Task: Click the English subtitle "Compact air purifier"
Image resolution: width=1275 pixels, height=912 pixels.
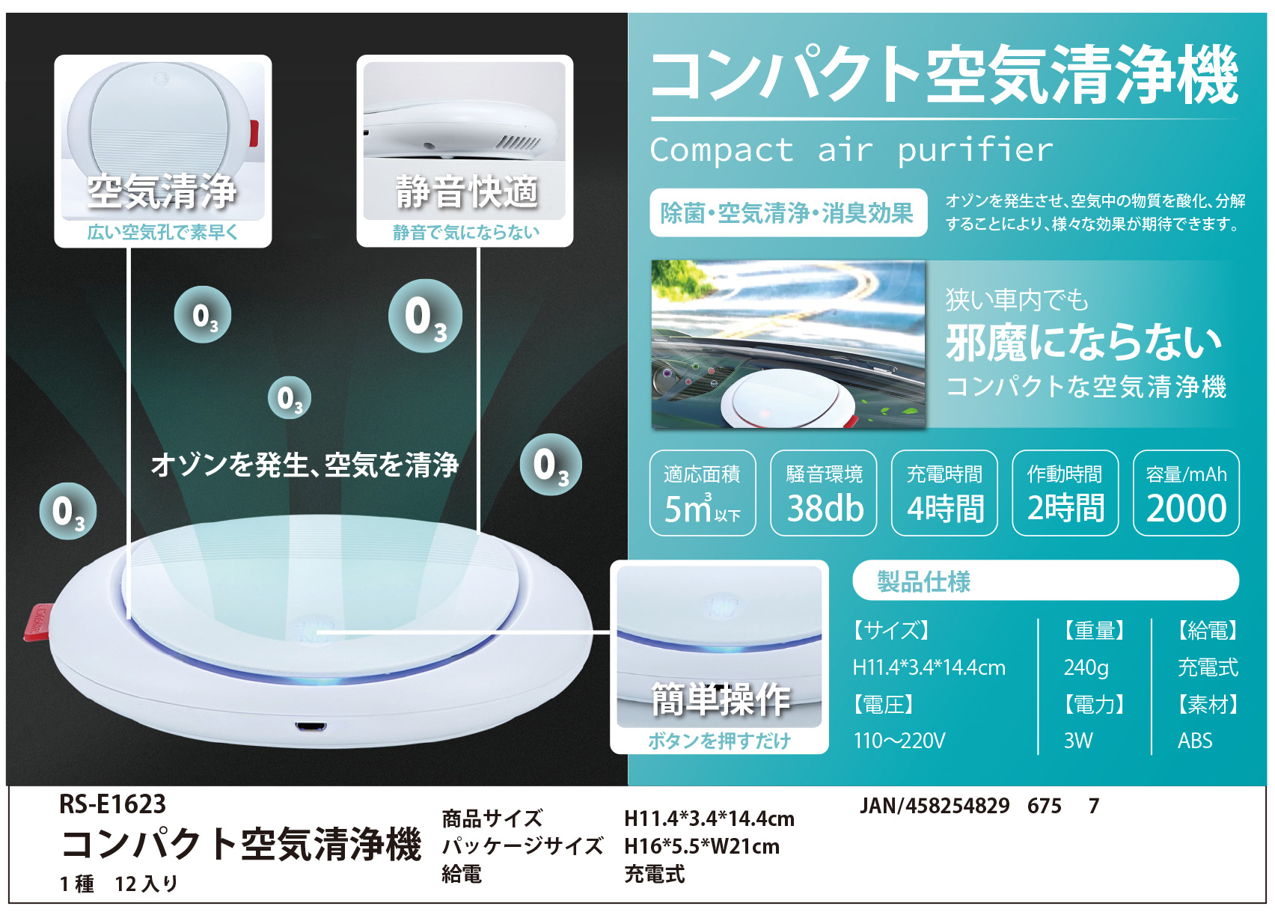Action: point(851,151)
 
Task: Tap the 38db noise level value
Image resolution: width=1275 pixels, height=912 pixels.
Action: point(825,508)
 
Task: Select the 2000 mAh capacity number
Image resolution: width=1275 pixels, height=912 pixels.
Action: point(1186,508)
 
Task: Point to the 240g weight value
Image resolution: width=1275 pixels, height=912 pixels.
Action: point(1086,667)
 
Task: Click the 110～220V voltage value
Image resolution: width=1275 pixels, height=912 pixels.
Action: point(899,741)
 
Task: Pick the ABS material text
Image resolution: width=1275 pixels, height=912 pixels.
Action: point(1195,741)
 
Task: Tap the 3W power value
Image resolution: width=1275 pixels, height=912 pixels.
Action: point(1078,741)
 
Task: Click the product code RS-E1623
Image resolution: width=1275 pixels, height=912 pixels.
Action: point(112,804)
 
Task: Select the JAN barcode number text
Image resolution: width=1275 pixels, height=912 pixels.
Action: point(979,806)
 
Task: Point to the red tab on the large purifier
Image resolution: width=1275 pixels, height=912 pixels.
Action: point(37,622)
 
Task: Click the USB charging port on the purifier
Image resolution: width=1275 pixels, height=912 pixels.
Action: point(311,726)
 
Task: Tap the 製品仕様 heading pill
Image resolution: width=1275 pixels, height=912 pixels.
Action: point(1045,581)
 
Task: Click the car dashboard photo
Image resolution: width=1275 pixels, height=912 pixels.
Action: point(789,344)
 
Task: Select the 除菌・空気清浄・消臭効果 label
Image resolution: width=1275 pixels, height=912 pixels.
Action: point(788,213)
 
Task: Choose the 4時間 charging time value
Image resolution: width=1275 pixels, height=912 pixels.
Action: point(945,508)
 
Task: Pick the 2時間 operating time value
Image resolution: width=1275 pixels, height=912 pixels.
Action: point(1065,508)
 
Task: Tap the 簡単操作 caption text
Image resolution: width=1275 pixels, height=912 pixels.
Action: point(721,699)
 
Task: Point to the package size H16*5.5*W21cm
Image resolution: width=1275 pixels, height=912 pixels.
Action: point(701,846)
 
